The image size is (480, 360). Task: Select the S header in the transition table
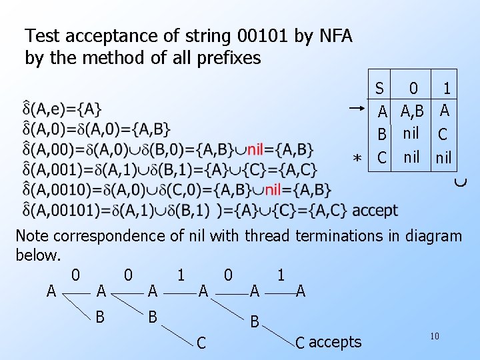(x=379, y=88)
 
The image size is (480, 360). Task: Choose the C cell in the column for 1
(x=443, y=134)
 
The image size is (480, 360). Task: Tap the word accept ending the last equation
(x=375, y=211)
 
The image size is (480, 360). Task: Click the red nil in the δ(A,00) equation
(x=259, y=148)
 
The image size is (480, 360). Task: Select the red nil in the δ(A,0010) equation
(x=277, y=190)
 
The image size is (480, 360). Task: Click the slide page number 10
(x=434, y=337)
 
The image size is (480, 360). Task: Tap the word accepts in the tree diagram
(x=335, y=343)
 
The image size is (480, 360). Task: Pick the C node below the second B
(x=201, y=343)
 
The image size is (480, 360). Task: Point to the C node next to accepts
(x=300, y=343)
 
